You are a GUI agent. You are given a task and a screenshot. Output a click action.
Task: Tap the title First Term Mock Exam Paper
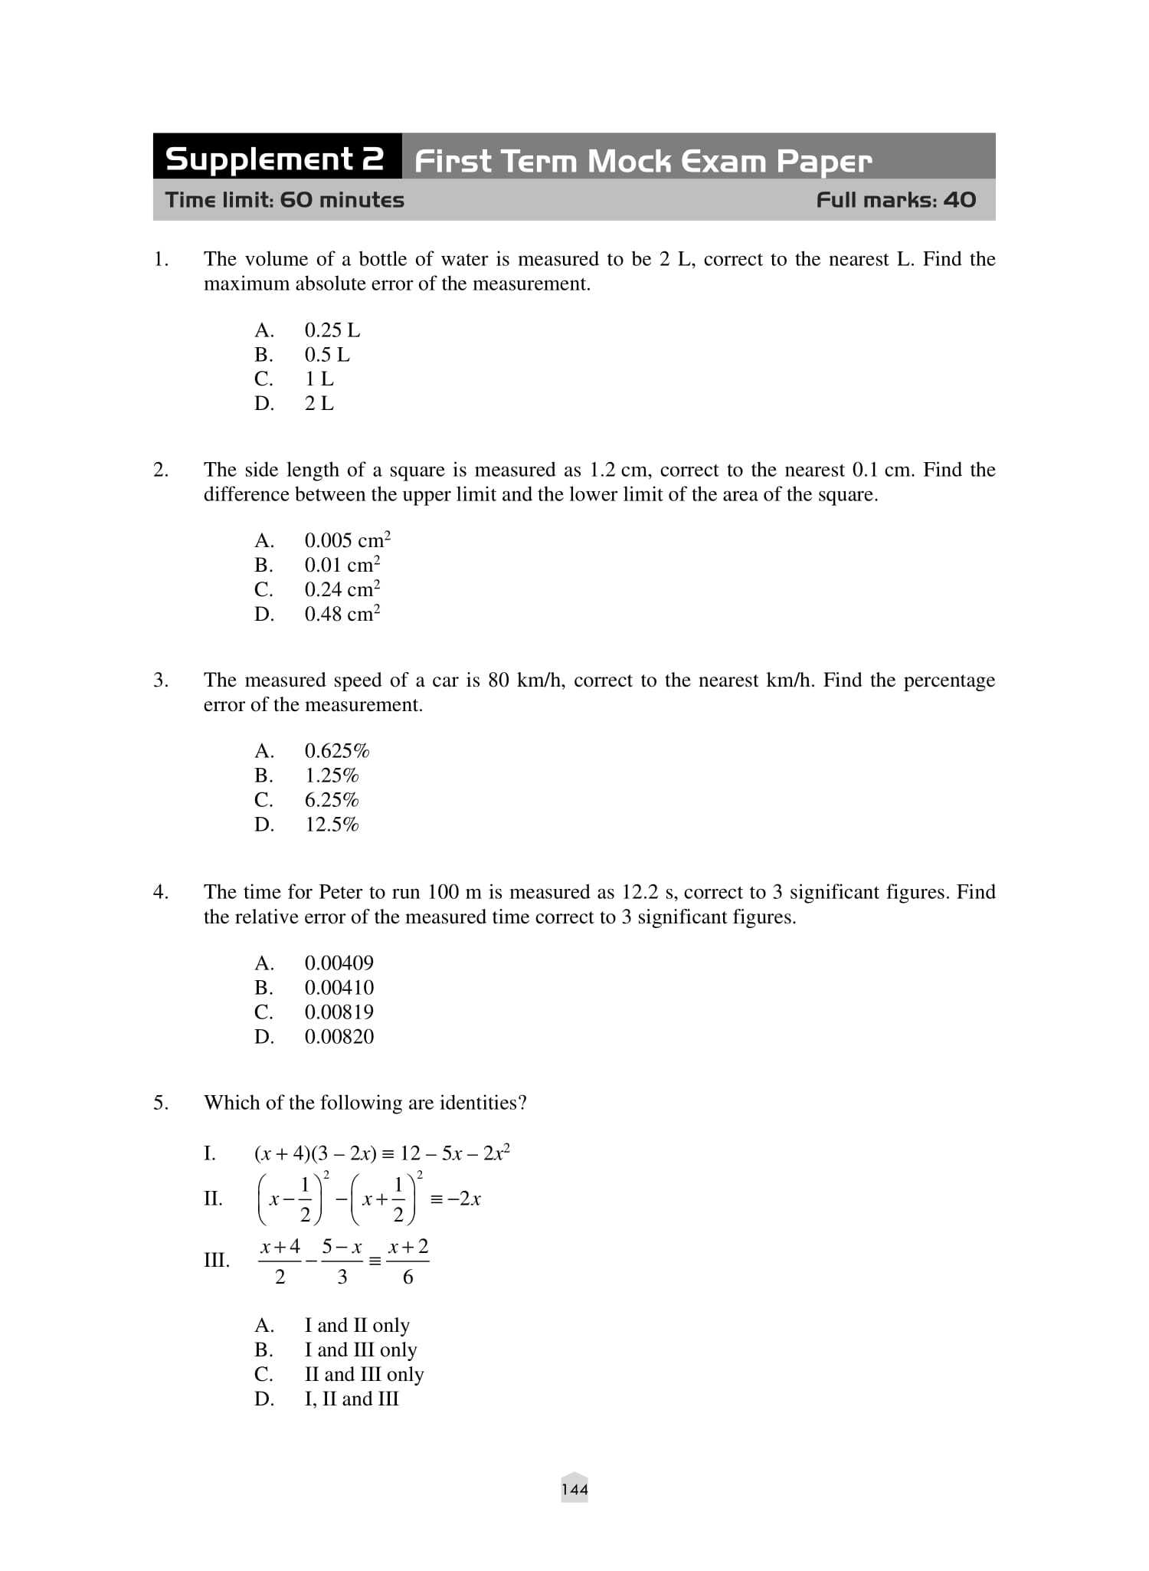643,161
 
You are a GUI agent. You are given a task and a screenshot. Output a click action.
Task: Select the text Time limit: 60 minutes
285,200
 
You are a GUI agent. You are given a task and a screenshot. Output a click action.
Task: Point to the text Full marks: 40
895,200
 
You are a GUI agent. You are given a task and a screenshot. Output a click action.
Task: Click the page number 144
574,1490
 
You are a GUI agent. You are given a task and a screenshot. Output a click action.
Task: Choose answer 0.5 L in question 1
326,355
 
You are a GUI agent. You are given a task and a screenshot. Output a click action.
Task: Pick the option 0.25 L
332,330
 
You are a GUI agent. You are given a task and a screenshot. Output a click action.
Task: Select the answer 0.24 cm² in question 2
342,589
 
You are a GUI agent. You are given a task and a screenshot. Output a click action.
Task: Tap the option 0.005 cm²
347,540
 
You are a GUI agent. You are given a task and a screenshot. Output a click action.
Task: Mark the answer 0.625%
337,751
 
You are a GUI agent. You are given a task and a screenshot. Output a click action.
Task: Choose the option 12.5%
332,825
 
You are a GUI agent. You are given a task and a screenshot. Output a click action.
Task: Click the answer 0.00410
339,988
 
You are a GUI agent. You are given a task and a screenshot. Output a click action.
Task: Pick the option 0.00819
339,1012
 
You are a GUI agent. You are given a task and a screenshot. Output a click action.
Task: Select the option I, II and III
352,1399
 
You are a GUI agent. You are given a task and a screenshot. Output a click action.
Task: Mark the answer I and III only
361,1350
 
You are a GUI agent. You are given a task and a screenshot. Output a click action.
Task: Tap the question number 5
160,1103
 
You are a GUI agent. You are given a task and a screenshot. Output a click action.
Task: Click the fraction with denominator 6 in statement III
408,1261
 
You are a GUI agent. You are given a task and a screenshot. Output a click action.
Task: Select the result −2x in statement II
464,1199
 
